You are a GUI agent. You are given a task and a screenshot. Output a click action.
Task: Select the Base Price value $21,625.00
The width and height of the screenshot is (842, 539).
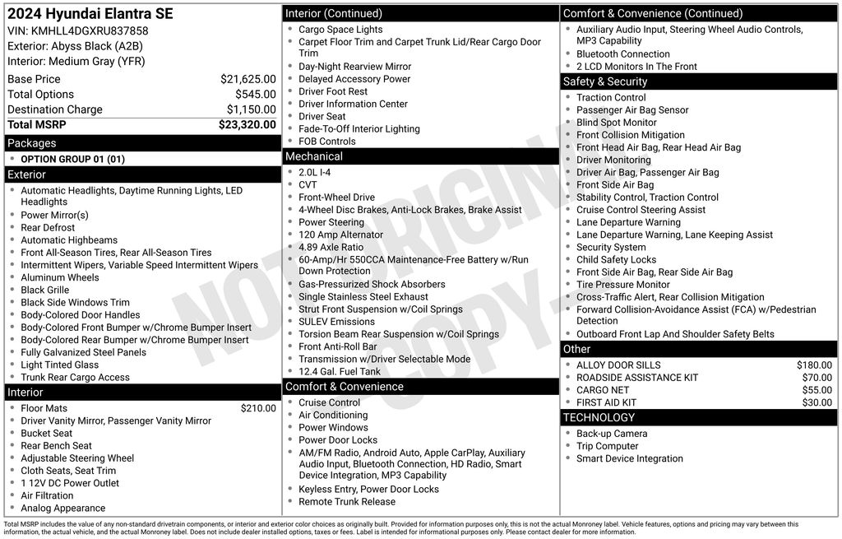click(248, 79)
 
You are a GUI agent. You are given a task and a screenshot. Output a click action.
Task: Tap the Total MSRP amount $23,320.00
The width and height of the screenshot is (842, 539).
click(247, 125)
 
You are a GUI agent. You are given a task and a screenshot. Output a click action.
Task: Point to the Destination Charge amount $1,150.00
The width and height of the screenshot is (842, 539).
click(251, 109)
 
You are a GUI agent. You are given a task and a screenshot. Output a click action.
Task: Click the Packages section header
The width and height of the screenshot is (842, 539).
click(32, 143)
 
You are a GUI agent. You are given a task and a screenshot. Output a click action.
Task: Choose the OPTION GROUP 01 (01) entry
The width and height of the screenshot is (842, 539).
click(72, 159)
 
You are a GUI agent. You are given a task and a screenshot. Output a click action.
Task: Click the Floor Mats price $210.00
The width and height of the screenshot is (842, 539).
click(258, 408)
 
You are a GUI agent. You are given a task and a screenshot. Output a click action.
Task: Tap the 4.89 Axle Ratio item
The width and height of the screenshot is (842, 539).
click(331, 247)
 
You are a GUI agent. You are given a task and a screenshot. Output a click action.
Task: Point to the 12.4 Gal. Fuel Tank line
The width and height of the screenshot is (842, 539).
click(340, 371)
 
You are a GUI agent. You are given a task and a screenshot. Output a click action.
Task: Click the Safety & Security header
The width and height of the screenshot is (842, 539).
click(605, 81)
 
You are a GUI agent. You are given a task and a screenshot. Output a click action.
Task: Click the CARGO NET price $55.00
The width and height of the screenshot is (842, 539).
click(817, 390)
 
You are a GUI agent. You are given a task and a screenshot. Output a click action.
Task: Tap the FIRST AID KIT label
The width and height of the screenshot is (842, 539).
click(606, 402)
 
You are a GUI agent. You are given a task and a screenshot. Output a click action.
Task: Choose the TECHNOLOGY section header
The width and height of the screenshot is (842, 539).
click(599, 418)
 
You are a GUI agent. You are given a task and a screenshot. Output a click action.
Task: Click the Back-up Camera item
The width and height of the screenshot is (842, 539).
click(612, 434)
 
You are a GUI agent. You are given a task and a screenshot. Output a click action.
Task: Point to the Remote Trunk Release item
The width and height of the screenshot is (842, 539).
click(347, 501)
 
